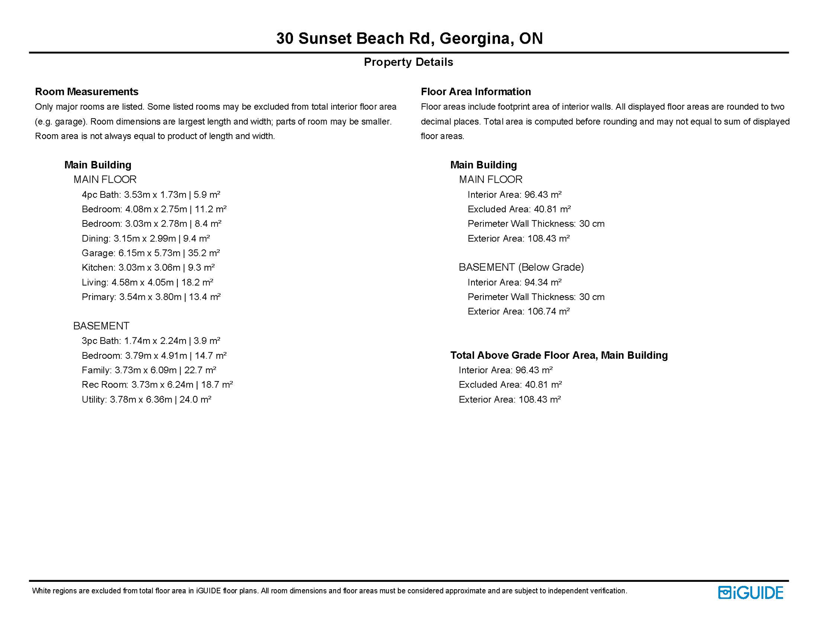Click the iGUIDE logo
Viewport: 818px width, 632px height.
click(750, 592)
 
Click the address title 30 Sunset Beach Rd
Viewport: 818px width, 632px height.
click(409, 38)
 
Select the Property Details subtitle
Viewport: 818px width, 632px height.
click(408, 62)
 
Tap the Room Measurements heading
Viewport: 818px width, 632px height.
click(86, 91)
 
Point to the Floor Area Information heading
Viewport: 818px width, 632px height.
click(475, 91)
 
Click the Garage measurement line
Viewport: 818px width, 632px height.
click(151, 253)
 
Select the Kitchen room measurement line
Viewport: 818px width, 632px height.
click(148, 267)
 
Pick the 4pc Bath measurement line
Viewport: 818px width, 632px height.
click(151, 195)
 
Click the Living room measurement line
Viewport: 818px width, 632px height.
click(147, 282)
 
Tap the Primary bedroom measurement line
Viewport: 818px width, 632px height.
click(151, 297)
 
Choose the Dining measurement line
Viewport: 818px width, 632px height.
click(146, 238)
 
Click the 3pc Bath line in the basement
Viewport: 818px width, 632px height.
click(151, 341)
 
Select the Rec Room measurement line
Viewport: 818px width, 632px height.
click(157, 384)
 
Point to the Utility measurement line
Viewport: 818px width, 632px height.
click(146, 399)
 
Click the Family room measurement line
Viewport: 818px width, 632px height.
click(149, 370)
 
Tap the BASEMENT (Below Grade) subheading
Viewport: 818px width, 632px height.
click(521, 267)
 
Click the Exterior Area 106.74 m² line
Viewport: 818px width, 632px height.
click(518, 311)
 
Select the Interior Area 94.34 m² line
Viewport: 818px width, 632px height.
click(514, 282)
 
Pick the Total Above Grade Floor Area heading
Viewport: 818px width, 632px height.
click(558, 355)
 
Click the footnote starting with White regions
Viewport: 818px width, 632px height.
click(329, 591)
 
